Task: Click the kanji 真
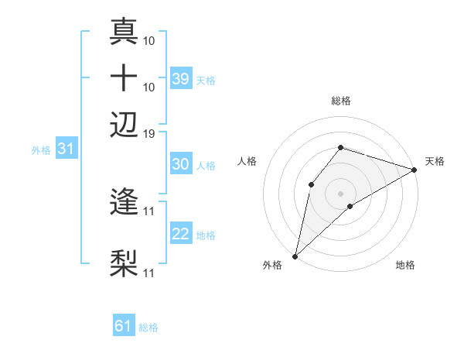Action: point(124,32)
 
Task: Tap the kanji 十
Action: point(124,77)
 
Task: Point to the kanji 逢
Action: point(124,202)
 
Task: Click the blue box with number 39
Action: point(181,78)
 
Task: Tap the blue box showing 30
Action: point(181,164)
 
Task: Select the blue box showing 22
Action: point(181,234)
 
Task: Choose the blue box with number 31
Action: point(66,149)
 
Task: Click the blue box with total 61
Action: point(124,326)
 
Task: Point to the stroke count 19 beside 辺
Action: point(149,133)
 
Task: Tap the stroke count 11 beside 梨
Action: point(149,273)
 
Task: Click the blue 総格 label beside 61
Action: point(148,328)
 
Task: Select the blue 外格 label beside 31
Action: point(41,149)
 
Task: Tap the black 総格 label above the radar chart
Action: point(341,101)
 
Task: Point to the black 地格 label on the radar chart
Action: point(405,266)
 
